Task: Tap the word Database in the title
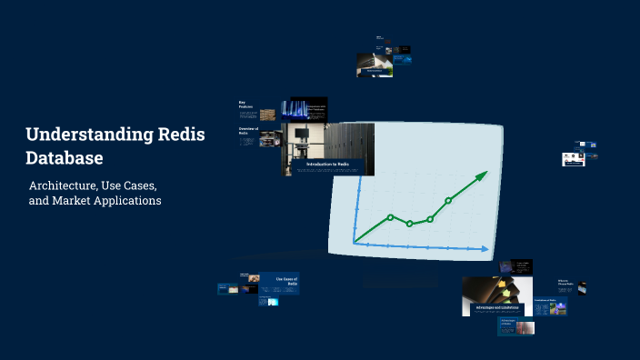click(64, 158)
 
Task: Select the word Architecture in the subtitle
click(63, 185)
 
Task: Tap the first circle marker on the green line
click(390, 217)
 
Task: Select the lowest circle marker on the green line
click(410, 224)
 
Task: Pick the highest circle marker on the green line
click(448, 200)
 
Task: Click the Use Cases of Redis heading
click(286, 281)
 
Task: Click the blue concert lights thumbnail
click(303, 110)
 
